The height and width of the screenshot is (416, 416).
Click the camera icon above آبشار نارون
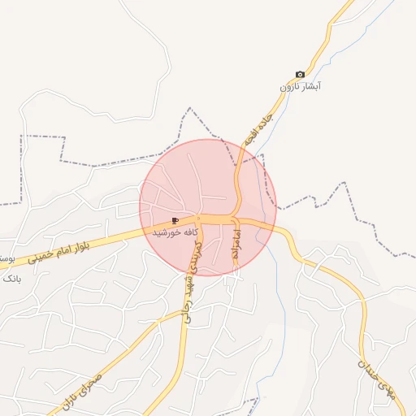coord(300,75)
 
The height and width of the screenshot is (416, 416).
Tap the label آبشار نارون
coord(301,86)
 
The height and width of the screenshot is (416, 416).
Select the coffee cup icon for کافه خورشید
coord(175,220)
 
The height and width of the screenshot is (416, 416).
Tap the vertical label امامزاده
coord(236,244)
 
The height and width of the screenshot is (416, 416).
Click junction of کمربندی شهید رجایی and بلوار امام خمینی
coord(200,222)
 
